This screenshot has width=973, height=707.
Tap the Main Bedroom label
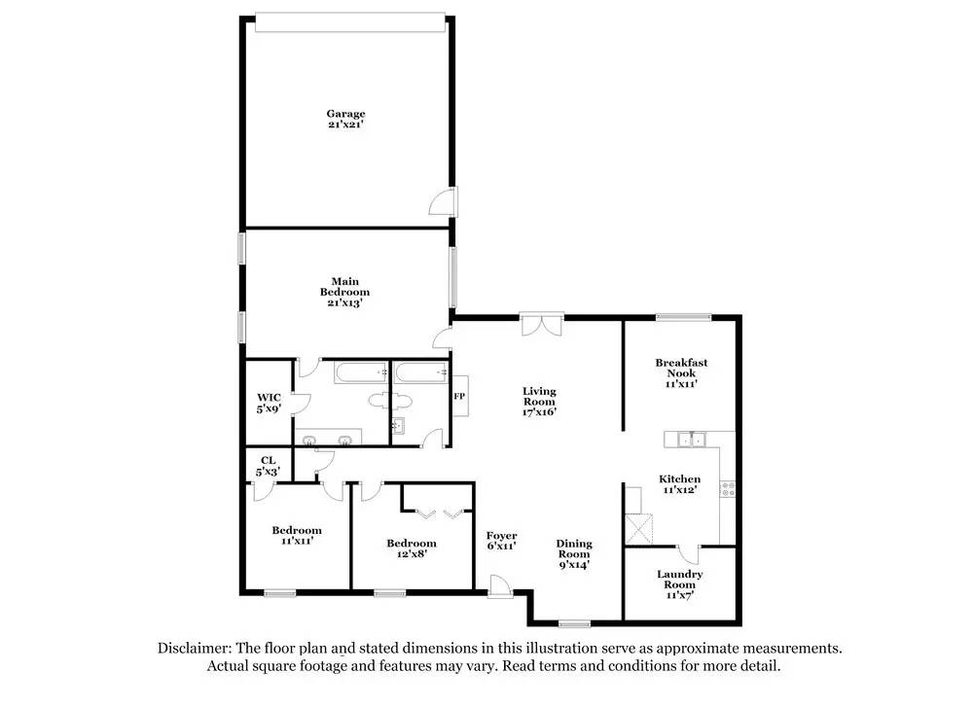pyautogui.click(x=345, y=292)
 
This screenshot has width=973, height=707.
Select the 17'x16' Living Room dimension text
pyautogui.click(x=539, y=412)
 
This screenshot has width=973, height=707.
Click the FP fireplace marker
pyautogui.click(x=459, y=397)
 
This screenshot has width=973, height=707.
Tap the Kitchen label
pyautogui.click(x=680, y=479)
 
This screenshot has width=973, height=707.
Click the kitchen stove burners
pyautogui.click(x=726, y=490)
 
